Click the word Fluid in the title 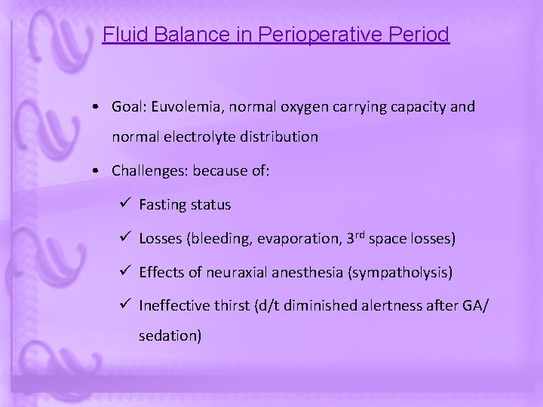[120, 35]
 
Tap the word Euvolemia [183, 107]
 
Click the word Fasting [163, 205]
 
